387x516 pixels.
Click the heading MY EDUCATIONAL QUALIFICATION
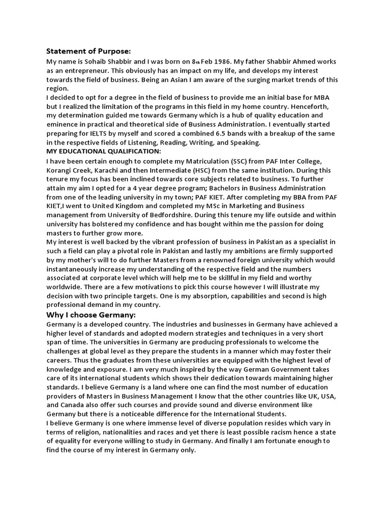(103, 151)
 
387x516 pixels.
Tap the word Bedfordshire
(187, 215)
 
